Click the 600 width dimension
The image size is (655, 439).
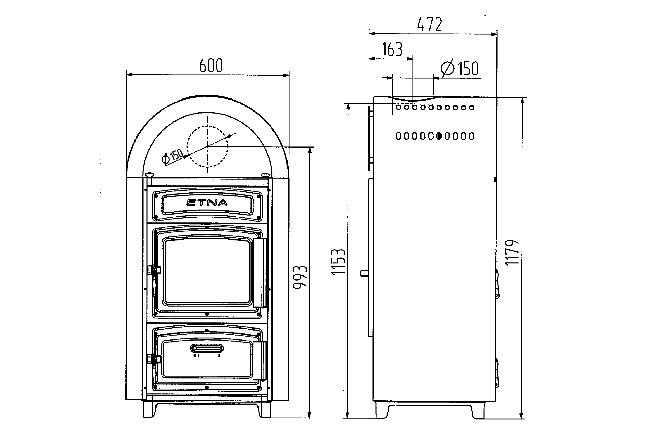point(211,65)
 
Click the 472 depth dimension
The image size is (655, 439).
point(430,24)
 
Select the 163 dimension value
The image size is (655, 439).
point(392,50)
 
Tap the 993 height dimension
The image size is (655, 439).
point(300,277)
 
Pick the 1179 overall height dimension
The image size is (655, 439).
point(512,253)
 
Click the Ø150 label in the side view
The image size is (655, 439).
point(460,68)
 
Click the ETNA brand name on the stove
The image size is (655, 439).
point(207,202)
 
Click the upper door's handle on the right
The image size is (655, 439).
point(260,273)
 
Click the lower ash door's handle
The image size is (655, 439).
point(260,361)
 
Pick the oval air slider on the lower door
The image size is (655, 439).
point(207,348)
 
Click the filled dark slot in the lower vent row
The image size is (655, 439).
point(439,136)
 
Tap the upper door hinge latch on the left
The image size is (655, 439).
point(154,270)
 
